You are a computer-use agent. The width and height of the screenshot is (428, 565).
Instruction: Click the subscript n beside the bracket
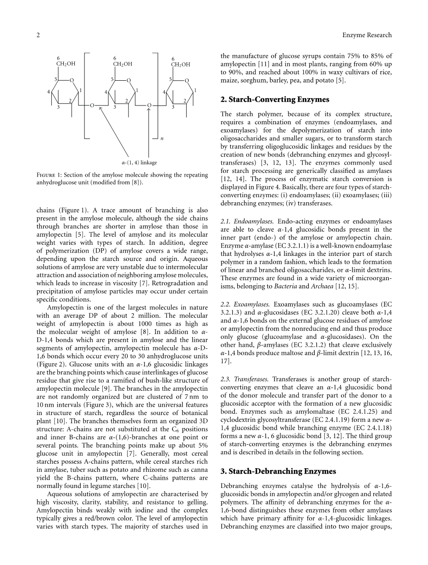point(161,138)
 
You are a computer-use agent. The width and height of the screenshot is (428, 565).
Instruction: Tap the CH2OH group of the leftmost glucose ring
point(66,65)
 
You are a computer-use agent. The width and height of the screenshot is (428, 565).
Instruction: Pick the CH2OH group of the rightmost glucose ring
point(180,65)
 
